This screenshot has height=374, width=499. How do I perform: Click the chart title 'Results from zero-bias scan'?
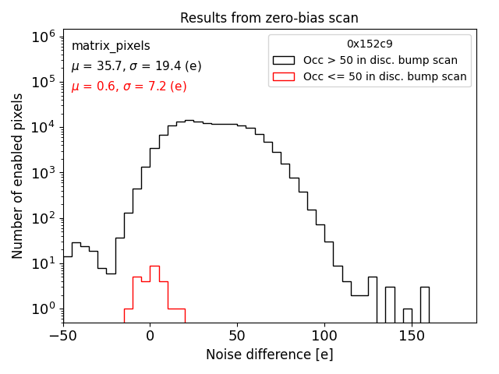(x=269, y=18)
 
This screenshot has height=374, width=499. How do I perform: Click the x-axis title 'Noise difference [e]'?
(x=269, y=355)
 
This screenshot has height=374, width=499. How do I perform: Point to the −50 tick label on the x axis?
(x=63, y=337)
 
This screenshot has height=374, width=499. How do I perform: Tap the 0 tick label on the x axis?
(x=150, y=337)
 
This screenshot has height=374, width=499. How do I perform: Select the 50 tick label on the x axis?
(x=236, y=337)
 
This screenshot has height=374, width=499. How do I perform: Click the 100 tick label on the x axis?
(x=324, y=337)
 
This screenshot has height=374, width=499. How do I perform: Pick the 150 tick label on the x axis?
(x=411, y=337)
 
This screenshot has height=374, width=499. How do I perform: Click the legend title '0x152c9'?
(x=370, y=44)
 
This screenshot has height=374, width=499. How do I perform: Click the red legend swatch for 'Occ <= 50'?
(x=284, y=76)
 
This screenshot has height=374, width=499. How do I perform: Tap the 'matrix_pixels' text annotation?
(x=111, y=47)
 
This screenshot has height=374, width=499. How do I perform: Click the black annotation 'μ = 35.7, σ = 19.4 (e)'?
(x=136, y=66)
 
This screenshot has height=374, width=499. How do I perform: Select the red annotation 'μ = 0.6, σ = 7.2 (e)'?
(x=129, y=86)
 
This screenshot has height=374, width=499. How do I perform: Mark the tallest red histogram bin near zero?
(x=154, y=267)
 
